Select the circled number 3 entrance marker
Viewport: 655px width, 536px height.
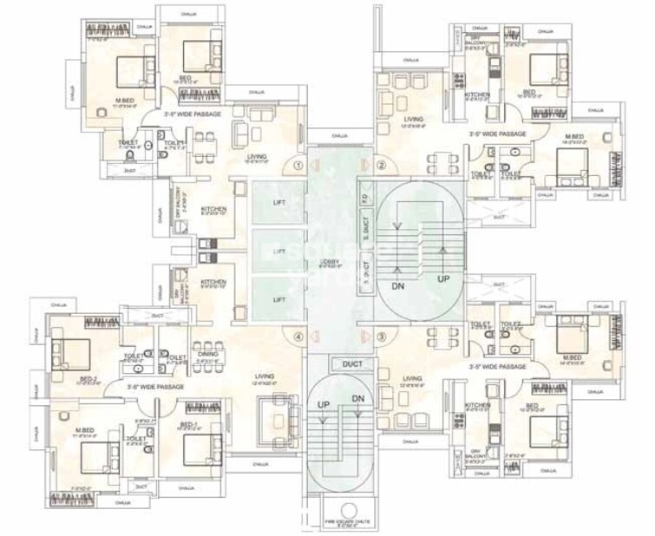pyautogui.click(x=380, y=337)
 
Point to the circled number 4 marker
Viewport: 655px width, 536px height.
pyautogui.click(x=298, y=337)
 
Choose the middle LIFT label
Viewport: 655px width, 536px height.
pyautogui.click(x=278, y=251)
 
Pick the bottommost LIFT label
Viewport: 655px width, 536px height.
pyautogui.click(x=278, y=299)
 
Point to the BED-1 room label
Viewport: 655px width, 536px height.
pyautogui.click(x=190, y=424)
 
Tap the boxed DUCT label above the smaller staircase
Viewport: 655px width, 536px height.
pyautogui.click(x=351, y=364)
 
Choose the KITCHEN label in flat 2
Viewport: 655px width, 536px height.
pyautogui.click(x=477, y=94)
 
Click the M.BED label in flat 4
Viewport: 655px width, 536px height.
pyautogui.click(x=84, y=428)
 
